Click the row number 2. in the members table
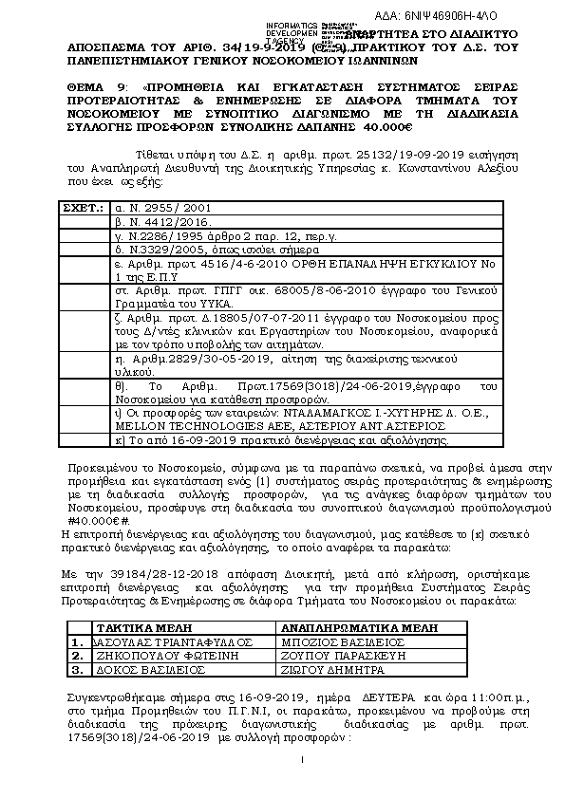click(78, 655)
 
